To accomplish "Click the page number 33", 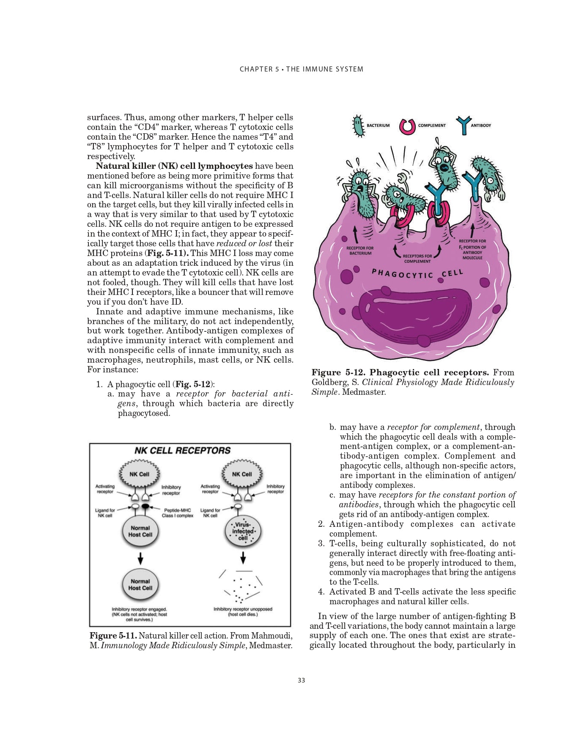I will [x=301, y=680].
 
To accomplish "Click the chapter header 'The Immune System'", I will [x=325, y=69].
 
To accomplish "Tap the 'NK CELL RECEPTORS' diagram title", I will [x=182, y=450].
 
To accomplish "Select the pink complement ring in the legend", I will [x=407, y=126].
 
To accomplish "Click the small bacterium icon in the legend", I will [x=358, y=126].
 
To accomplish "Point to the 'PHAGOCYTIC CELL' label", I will [x=417, y=274].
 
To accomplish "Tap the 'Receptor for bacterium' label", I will [x=360, y=251].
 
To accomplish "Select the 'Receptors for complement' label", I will [x=417, y=259].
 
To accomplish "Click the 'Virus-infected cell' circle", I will [x=243, y=531].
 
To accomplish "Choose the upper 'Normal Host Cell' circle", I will [x=140, y=531].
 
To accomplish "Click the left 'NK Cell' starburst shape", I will [x=139, y=474].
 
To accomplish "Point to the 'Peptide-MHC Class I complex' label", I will [x=177, y=513].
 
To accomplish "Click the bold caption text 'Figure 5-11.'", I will [x=113, y=636].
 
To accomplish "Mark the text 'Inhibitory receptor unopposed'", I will [x=243, y=609].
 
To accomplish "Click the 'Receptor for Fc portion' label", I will [x=472, y=249].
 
